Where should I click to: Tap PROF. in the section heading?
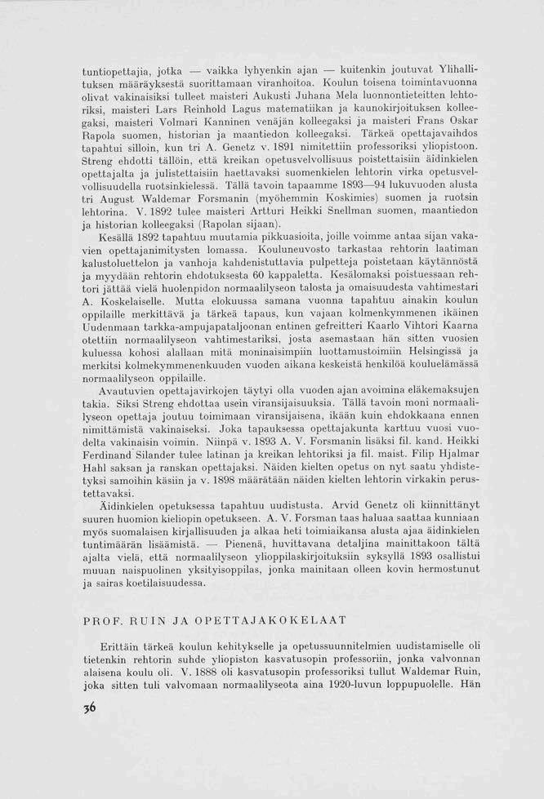[x=103, y=621]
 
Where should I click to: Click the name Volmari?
[x=171, y=121]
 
